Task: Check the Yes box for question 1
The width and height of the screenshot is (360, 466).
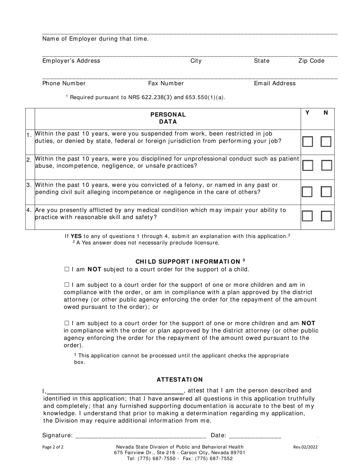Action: [x=307, y=142]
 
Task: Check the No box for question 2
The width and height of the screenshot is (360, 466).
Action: [x=326, y=166]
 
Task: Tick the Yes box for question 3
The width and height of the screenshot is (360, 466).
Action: [x=307, y=192]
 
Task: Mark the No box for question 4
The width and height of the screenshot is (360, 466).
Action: [x=326, y=216]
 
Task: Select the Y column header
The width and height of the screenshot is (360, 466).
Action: [x=307, y=113]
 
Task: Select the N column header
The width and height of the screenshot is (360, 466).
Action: [x=326, y=113]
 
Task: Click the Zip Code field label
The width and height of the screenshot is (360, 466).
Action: [x=311, y=61]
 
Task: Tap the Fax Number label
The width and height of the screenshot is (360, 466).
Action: [x=166, y=83]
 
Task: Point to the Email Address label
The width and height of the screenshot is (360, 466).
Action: [x=275, y=83]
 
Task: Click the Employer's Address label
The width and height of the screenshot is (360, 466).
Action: [x=71, y=61]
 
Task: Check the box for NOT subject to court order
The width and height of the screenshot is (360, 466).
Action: [x=67, y=269]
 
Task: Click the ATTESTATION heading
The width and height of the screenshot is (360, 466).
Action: [x=180, y=380]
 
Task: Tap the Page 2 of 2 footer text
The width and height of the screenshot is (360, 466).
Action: [x=53, y=447]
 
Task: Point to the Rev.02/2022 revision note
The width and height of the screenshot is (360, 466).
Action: [x=305, y=447]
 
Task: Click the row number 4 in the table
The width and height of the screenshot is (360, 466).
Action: [x=30, y=210]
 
